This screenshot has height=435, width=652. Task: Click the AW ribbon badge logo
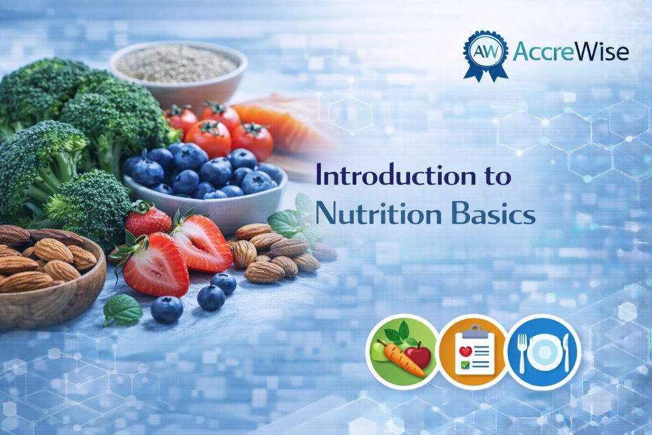[486, 55]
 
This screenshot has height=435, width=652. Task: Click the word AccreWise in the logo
[570, 52]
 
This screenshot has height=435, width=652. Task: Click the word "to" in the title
[497, 176]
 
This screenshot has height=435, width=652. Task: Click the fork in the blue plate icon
[522, 352]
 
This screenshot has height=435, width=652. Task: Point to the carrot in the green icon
[402, 360]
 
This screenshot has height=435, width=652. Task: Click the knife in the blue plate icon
[565, 352]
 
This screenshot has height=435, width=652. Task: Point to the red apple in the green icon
[418, 356]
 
